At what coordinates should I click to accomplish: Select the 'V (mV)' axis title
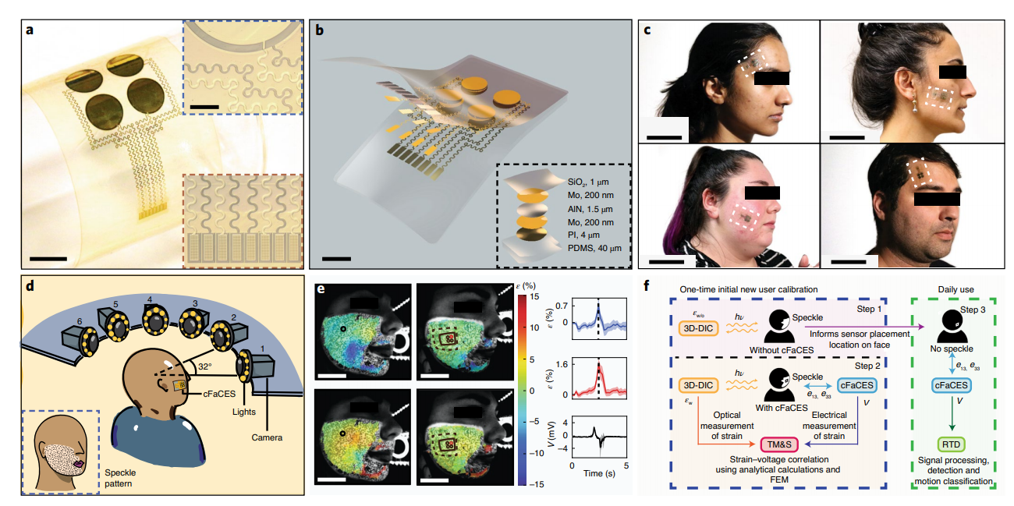(551, 438)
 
